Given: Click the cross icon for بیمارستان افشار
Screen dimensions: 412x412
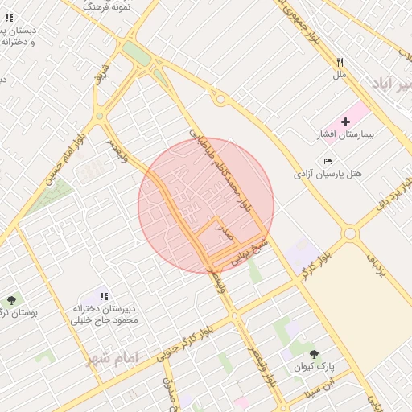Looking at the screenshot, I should [x=346, y=122].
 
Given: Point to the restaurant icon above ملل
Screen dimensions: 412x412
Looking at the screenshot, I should [x=340, y=62].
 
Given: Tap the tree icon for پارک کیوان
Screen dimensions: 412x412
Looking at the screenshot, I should [x=314, y=353].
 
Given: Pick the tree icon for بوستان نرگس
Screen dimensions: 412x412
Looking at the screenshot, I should [x=11, y=299].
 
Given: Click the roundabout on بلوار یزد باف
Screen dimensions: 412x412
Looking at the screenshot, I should [x=350, y=233].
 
